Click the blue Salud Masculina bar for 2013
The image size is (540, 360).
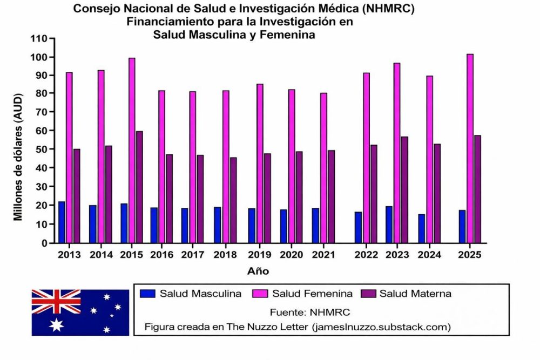(62, 222)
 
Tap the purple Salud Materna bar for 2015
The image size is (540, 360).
(139, 187)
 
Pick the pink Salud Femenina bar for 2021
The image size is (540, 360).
(323, 168)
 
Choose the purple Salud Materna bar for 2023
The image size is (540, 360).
(404, 189)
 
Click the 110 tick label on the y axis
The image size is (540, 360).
(39, 39)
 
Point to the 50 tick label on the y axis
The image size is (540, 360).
(42, 150)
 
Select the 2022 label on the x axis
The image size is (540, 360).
(365, 254)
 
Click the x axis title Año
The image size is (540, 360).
(259, 270)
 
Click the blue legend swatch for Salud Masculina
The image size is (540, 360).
(147, 294)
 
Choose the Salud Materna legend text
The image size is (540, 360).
(415, 294)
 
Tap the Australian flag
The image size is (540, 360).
(80, 312)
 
